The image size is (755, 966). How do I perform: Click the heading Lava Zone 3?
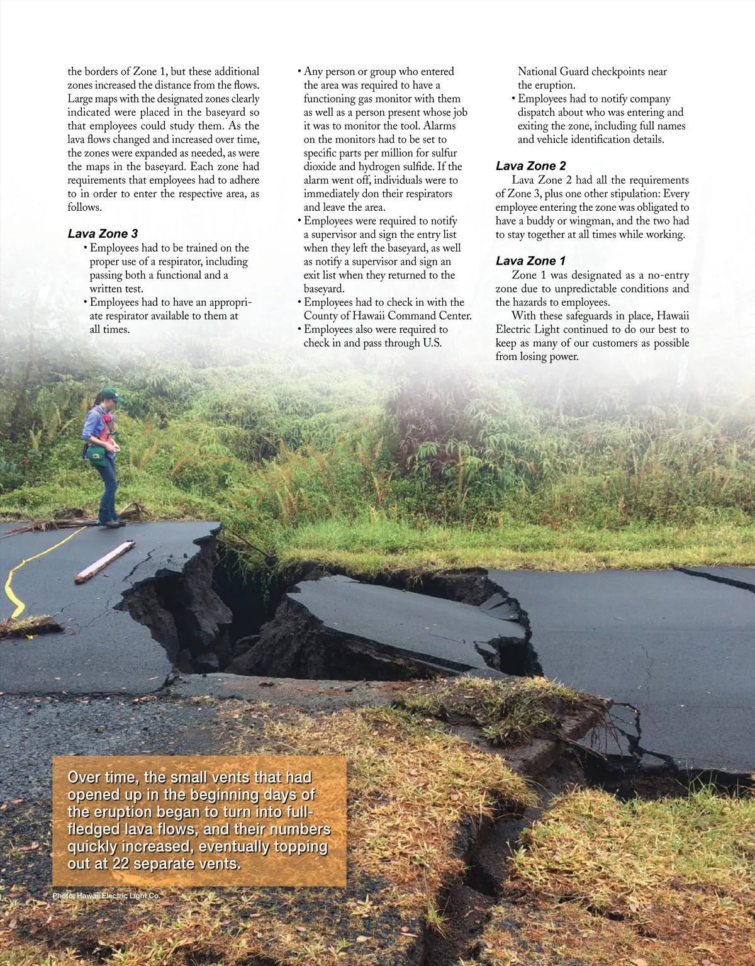tap(103, 233)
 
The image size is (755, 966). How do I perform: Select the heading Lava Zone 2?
tap(530, 166)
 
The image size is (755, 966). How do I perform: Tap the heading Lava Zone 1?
tap(530, 261)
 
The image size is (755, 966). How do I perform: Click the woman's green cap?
tap(109, 395)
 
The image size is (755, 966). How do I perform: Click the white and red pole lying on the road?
tap(105, 561)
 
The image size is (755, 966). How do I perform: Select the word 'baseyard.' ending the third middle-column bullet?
tap(324, 288)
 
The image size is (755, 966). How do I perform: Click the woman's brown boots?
tap(111, 522)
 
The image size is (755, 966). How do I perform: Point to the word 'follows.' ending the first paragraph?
tap(84, 207)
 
